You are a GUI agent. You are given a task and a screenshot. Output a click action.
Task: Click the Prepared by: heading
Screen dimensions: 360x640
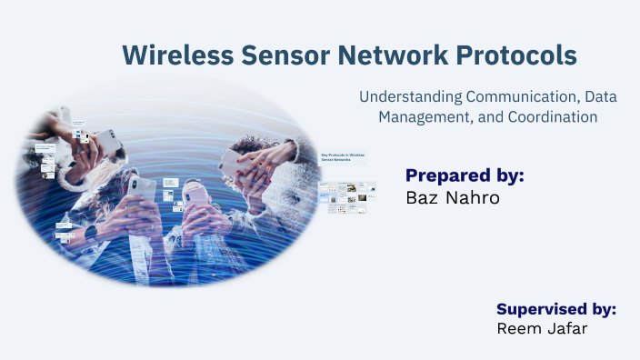[465, 175]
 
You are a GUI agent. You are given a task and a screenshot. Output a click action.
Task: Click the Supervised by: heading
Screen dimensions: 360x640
[556, 308]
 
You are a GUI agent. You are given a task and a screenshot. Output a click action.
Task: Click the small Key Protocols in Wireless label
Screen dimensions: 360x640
[342, 156]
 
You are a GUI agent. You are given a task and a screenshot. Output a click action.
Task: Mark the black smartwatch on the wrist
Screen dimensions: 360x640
[91, 232]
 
